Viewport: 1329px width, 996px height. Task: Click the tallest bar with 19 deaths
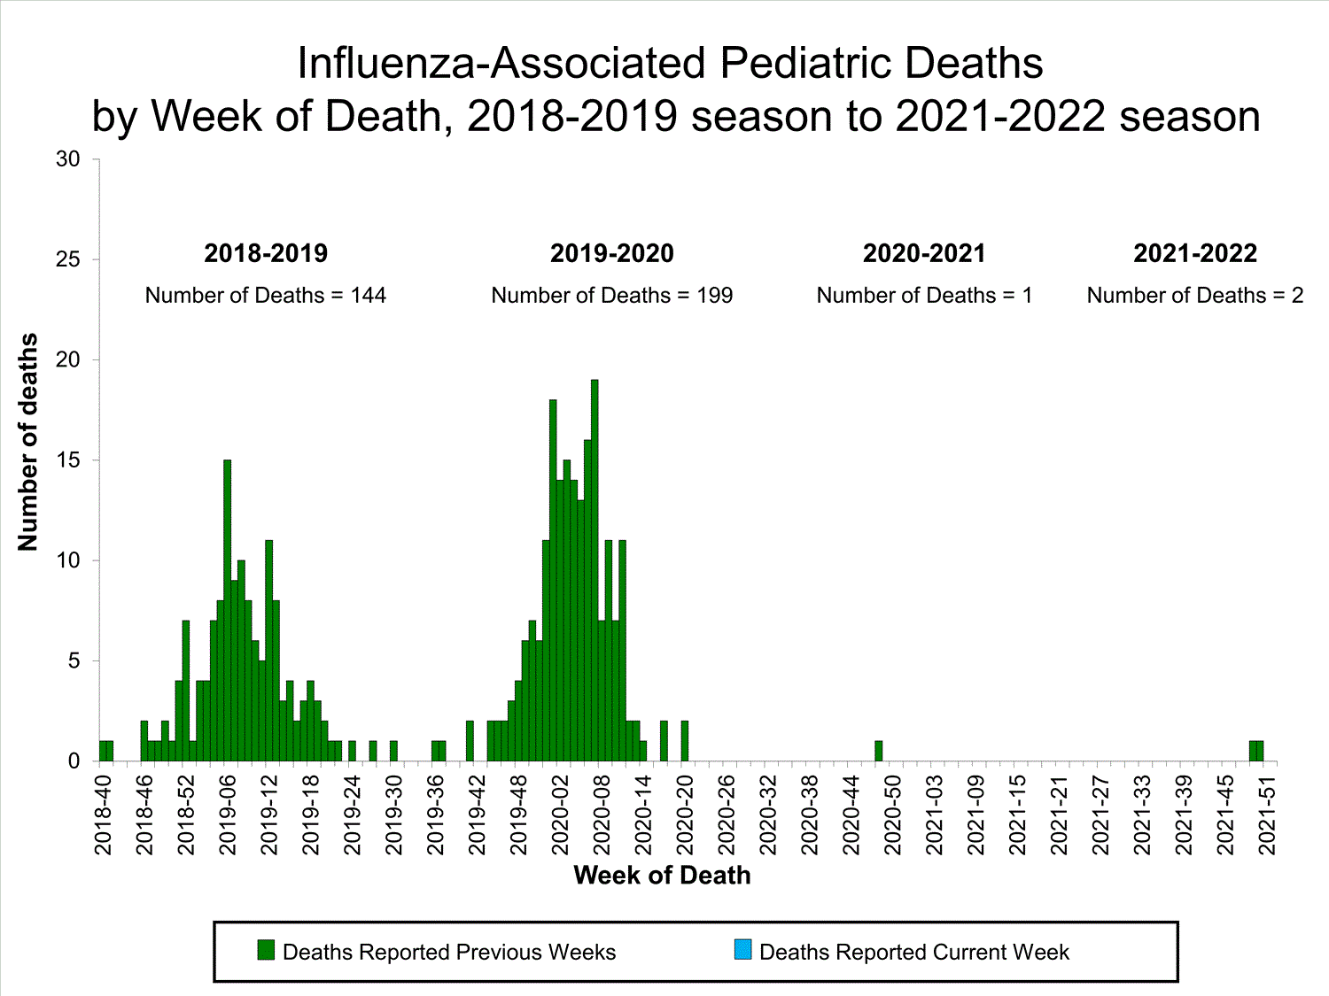[x=595, y=571]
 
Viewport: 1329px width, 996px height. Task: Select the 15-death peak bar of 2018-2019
[x=227, y=611]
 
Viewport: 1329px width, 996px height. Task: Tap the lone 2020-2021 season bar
[x=878, y=751]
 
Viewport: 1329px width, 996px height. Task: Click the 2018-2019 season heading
[x=266, y=253]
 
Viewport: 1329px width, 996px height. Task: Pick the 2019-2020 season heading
[x=611, y=253]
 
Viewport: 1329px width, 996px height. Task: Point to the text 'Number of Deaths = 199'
[x=611, y=296]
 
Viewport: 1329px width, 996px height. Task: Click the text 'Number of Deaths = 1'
[x=924, y=296]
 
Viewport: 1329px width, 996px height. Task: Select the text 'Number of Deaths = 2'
[x=1194, y=296]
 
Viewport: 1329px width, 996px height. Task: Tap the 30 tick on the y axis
[x=68, y=159]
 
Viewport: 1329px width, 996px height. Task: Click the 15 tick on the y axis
[x=68, y=460]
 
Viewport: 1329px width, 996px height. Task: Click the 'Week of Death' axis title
[x=662, y=876]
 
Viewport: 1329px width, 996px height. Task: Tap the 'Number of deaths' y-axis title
[x=28, y=442]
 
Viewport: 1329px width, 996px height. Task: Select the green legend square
[x=266, y=950]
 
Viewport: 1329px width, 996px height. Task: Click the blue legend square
[x=742, y=950]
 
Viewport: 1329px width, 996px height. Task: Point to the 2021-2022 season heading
[x=1194, y=253]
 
